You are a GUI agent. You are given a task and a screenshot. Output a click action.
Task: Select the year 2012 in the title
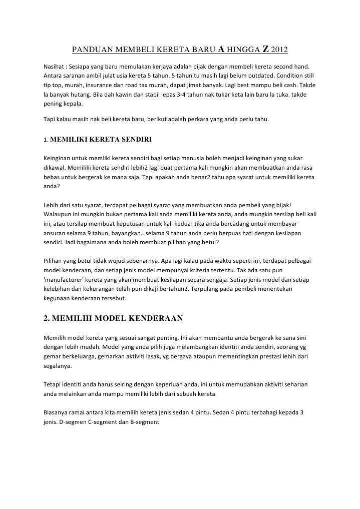click(x=280, y=50)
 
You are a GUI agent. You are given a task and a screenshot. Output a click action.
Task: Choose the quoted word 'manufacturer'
click(x=65, y=280)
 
